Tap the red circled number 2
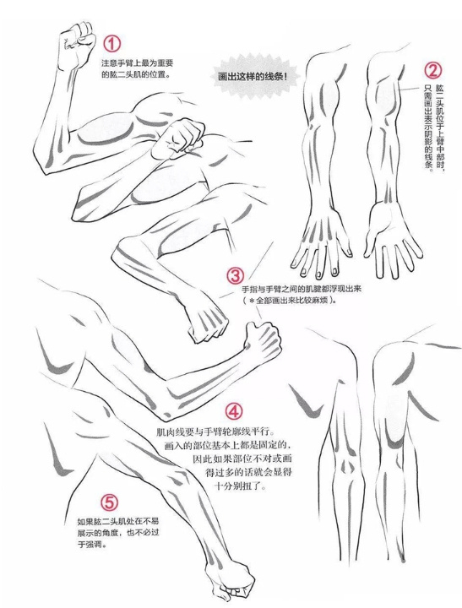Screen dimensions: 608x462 [x=432, y=71]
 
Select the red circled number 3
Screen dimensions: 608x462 [x=236, y=276]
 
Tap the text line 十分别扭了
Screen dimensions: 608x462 [x=240, y=487]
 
